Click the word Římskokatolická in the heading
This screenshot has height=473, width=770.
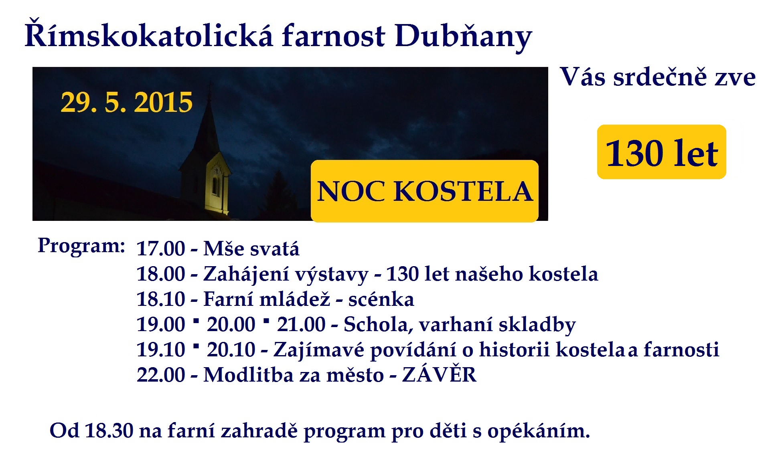click(149, 36)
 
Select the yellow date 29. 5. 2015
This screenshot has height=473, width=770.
click(127, 102)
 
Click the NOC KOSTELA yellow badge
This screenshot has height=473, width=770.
click(425, 191)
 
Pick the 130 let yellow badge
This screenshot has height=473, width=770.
click(662, 152)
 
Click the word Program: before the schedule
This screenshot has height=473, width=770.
click(82, 246)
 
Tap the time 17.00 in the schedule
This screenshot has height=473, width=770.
click(161, 249)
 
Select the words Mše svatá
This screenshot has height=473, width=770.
click(251, 249)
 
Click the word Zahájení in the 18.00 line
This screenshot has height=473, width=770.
click(245, 275)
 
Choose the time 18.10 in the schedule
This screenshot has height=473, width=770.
click(161, 299)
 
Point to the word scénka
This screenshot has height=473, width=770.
click(381, 299)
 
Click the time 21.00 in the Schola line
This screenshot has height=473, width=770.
click(301, 324)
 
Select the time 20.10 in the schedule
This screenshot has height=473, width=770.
click(231, 350)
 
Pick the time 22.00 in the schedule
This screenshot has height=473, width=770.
click(161, 375)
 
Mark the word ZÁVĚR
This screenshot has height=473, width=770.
click(439, 374)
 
